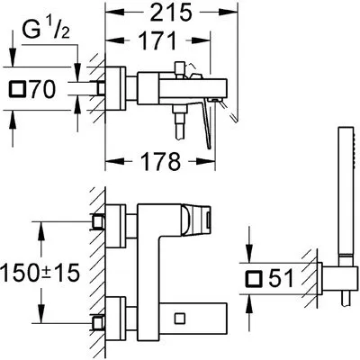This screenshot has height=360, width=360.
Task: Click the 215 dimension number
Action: [x=171, y=13]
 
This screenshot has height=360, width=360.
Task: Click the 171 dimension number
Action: [x=158, y=40]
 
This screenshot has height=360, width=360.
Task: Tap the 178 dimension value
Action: [x=161, y=161]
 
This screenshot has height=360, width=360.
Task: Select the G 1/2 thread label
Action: [x=46, y=30]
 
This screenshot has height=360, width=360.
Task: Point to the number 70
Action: [x=42, y=89]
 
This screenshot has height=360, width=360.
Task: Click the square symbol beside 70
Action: [x=17, y=89]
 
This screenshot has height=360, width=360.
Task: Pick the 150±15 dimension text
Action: [x=40, y=273]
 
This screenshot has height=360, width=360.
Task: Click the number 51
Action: [x=281, y=277]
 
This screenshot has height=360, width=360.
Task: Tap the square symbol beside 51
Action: [x=254, y=278]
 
